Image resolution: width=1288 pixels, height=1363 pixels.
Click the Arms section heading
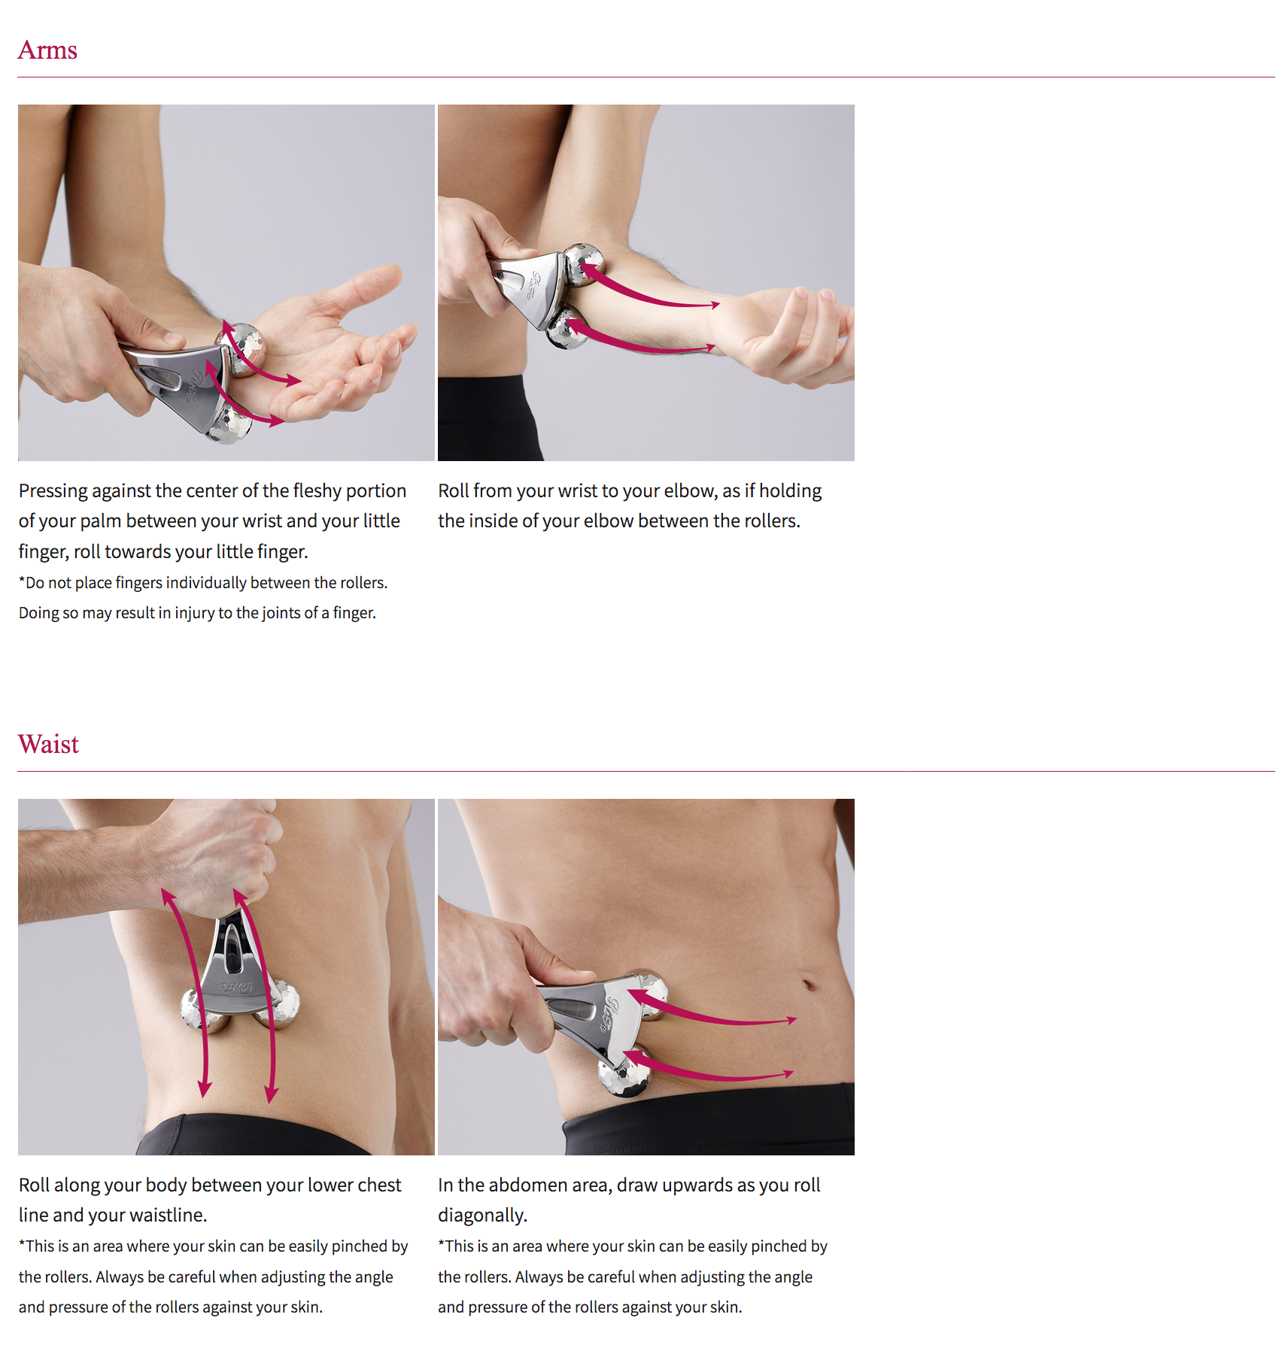coord(47,50)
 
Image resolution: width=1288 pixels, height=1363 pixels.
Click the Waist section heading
coord(48,744)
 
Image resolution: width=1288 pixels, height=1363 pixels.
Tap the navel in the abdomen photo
coord(810,984)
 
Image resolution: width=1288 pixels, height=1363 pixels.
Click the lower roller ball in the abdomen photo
coord(623,1072)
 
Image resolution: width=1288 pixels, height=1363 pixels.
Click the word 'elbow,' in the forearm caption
coord(690,491)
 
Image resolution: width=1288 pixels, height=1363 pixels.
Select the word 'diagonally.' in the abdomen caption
coord(483,1216)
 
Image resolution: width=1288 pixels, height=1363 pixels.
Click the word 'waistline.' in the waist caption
coord(168,1215)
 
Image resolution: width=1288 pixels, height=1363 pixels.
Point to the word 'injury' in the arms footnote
coord(194,613)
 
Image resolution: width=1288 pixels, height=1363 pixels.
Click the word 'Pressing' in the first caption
coord(53,491)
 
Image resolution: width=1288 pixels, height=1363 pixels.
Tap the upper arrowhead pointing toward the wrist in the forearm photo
coord(713,305)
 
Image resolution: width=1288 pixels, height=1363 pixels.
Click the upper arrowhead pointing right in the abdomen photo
coord(790,1021)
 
